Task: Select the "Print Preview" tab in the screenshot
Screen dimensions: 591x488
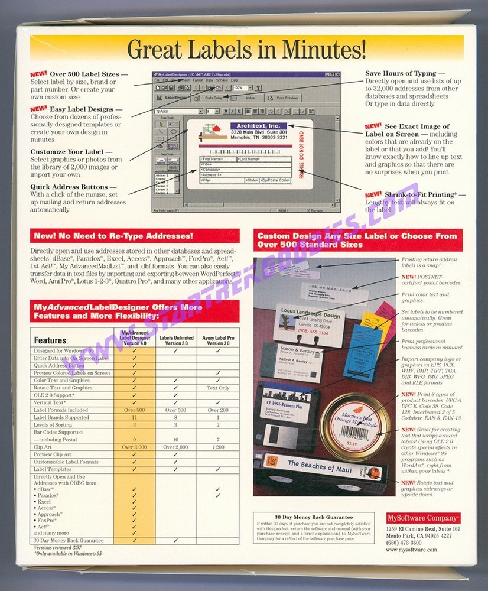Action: [x=287, y=98]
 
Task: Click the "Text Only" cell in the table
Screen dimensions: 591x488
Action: [x=218, y=388]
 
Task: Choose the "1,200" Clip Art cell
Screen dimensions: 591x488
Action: [x=218, y=447]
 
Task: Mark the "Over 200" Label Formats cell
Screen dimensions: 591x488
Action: [x=218, y=410]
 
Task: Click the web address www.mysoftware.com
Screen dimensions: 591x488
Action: [x=411, y=550]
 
